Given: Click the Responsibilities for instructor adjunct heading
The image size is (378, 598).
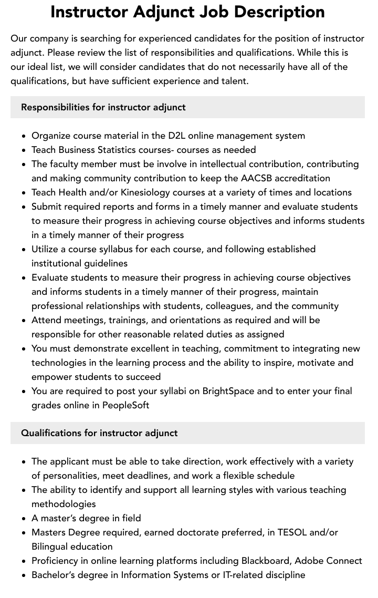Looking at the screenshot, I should [103, 107].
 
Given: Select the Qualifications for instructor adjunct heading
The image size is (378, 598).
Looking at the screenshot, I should [99, 433].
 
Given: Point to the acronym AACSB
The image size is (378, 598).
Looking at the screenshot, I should [256, 178].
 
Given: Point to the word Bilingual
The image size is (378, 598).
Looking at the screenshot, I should [52, 547].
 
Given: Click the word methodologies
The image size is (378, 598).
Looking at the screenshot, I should [64, 504].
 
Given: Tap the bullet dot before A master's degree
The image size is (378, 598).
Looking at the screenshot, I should [24, 519].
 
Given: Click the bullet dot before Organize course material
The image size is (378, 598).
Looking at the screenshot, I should [24, 136].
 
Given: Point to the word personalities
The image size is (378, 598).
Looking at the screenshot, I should [67, 476].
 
